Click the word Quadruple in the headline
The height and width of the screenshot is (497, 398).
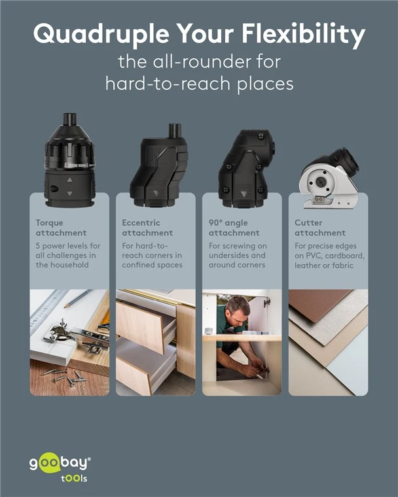click(101, 34)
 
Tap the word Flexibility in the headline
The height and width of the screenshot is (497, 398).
click(304, 34)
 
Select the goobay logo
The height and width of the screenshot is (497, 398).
click(60, 467)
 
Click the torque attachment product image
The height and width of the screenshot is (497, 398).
click(69, 160)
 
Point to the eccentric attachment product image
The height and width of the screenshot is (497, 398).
click(158, 165)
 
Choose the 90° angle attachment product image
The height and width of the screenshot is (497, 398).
click(246, 169)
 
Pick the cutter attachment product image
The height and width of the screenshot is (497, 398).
click(329, 178)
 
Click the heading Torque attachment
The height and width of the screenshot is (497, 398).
click(61, 228)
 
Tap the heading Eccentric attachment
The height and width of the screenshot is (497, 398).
click(147, 228)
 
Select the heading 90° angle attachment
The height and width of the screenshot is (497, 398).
click(234, 228)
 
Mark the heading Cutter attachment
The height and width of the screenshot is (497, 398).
click(320, 228)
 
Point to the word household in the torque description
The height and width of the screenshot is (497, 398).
click(69, 265)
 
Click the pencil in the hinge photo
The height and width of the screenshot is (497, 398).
click(77, 299)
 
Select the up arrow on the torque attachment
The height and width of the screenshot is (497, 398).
click(69, 180)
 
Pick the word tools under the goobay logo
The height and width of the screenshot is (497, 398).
click(74, 478)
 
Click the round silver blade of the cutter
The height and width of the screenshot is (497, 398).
click(321, 182)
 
